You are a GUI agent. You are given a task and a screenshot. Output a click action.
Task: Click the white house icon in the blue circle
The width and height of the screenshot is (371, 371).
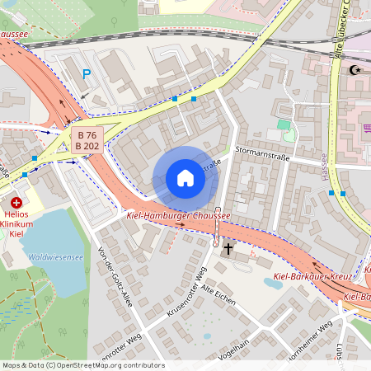pos(185,178)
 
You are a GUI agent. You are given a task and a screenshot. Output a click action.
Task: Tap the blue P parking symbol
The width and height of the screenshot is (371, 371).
pos(87,74)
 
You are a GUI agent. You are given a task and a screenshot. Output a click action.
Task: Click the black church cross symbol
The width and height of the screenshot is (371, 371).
pos(228,247)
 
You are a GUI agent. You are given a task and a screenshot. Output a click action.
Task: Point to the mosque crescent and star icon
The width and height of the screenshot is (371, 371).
pos(355,71)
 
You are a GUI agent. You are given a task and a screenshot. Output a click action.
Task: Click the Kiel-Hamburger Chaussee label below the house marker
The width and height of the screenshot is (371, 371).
pos(177,216)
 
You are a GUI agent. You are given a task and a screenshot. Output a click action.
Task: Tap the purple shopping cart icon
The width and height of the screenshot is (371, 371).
pos(367,128)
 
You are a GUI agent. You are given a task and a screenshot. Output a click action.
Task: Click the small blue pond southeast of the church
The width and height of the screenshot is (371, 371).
pos(273,282)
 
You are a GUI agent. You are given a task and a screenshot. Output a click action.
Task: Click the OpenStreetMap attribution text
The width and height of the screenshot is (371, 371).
pos(82,364)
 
